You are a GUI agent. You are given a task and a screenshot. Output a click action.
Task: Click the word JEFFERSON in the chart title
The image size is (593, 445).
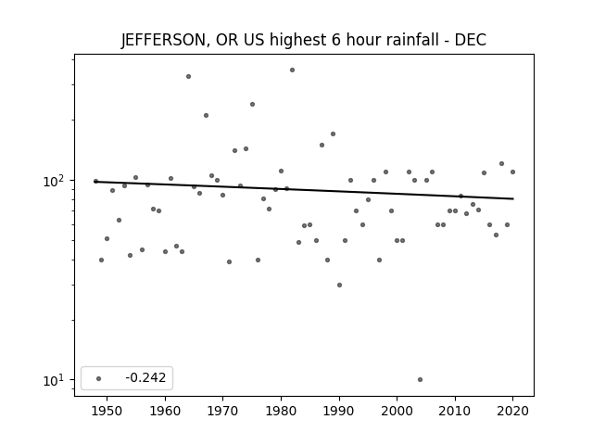(164, 40)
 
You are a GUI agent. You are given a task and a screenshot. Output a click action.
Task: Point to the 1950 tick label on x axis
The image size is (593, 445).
(107, 411)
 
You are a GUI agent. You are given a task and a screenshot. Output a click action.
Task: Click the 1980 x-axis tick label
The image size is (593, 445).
(281, 411)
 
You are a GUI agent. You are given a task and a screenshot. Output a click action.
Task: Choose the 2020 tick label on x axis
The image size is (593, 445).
(512, 411)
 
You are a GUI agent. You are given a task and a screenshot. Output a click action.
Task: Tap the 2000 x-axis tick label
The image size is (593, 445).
(397, 411)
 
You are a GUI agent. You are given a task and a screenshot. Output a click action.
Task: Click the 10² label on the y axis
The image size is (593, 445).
(53, 182)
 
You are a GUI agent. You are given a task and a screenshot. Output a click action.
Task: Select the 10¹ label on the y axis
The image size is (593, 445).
(53, 380)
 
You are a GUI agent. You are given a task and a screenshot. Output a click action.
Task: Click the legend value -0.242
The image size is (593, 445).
(145, 377)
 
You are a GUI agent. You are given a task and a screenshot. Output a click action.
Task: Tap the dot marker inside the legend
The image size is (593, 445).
(99, 378)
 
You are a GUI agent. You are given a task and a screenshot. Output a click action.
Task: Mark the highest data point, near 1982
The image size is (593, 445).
(293, 70)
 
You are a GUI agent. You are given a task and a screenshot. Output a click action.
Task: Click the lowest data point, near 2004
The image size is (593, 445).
(420, 379)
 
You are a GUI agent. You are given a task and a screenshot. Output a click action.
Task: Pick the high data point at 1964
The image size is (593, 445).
(188, 76)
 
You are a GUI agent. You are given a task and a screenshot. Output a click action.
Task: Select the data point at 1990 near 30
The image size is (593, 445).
(340, 285)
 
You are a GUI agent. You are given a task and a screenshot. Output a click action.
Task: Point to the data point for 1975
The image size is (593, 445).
(252, 105)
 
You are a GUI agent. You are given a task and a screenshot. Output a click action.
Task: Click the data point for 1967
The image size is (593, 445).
(206, 115)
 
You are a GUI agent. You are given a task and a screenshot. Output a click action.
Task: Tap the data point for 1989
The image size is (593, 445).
(334, 133)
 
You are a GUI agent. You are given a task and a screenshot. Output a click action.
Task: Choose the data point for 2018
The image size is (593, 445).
(502, 164)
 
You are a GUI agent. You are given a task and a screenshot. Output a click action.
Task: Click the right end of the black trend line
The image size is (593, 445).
(513, 198)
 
